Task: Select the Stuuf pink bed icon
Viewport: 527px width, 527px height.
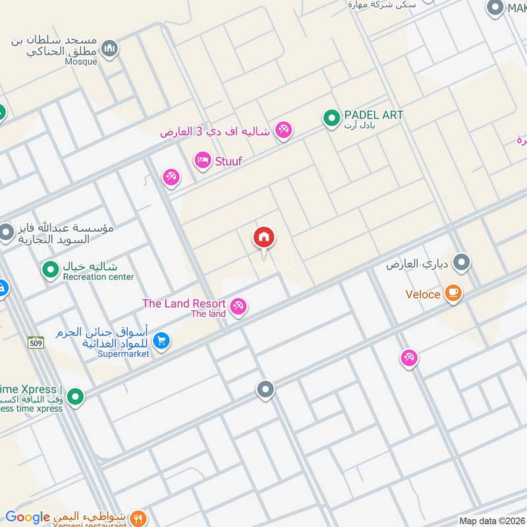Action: pos(203,160)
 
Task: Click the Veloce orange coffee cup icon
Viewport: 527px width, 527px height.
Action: pos(453,294)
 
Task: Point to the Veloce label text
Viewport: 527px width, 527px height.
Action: pos(423,294)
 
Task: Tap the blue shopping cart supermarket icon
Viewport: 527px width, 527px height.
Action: pos(161,341)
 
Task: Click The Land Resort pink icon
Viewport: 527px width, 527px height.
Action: pos(238,306)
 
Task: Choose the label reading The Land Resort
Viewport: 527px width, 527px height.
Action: pos(184,304)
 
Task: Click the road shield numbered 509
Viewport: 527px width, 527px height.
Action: pos(36,342)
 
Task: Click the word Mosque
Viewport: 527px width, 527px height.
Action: pos(82,62)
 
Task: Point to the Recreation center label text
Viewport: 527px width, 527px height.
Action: pos(98,277)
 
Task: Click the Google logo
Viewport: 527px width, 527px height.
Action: pos(28,518)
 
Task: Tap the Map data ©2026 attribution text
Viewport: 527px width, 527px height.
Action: pos(491,521)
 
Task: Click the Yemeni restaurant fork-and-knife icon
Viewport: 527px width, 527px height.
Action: pos(138,518)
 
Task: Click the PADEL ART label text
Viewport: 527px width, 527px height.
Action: pos(374,115)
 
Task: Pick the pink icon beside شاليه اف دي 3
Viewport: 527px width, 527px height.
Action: pos(284,130)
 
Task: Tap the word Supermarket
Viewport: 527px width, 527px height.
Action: pos(123,354)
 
